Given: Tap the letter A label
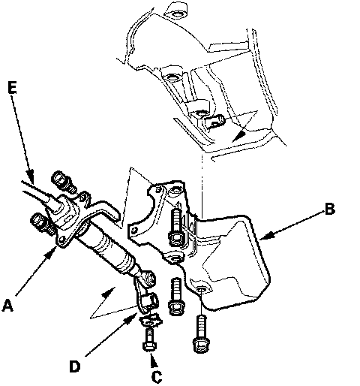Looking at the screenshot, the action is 8,305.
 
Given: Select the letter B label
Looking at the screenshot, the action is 329,210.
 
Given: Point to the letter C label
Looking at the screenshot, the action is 157,376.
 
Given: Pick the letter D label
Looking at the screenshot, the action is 75,366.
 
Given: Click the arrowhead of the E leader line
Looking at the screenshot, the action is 30,175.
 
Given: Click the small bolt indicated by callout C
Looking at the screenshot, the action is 150,339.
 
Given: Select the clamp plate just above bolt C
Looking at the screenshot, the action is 151,320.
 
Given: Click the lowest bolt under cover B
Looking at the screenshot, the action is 201,334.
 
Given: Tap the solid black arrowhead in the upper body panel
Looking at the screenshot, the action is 238,136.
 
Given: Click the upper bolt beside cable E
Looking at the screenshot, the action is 62,181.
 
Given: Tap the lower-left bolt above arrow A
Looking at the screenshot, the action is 41,222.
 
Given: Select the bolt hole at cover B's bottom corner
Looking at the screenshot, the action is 201,289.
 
